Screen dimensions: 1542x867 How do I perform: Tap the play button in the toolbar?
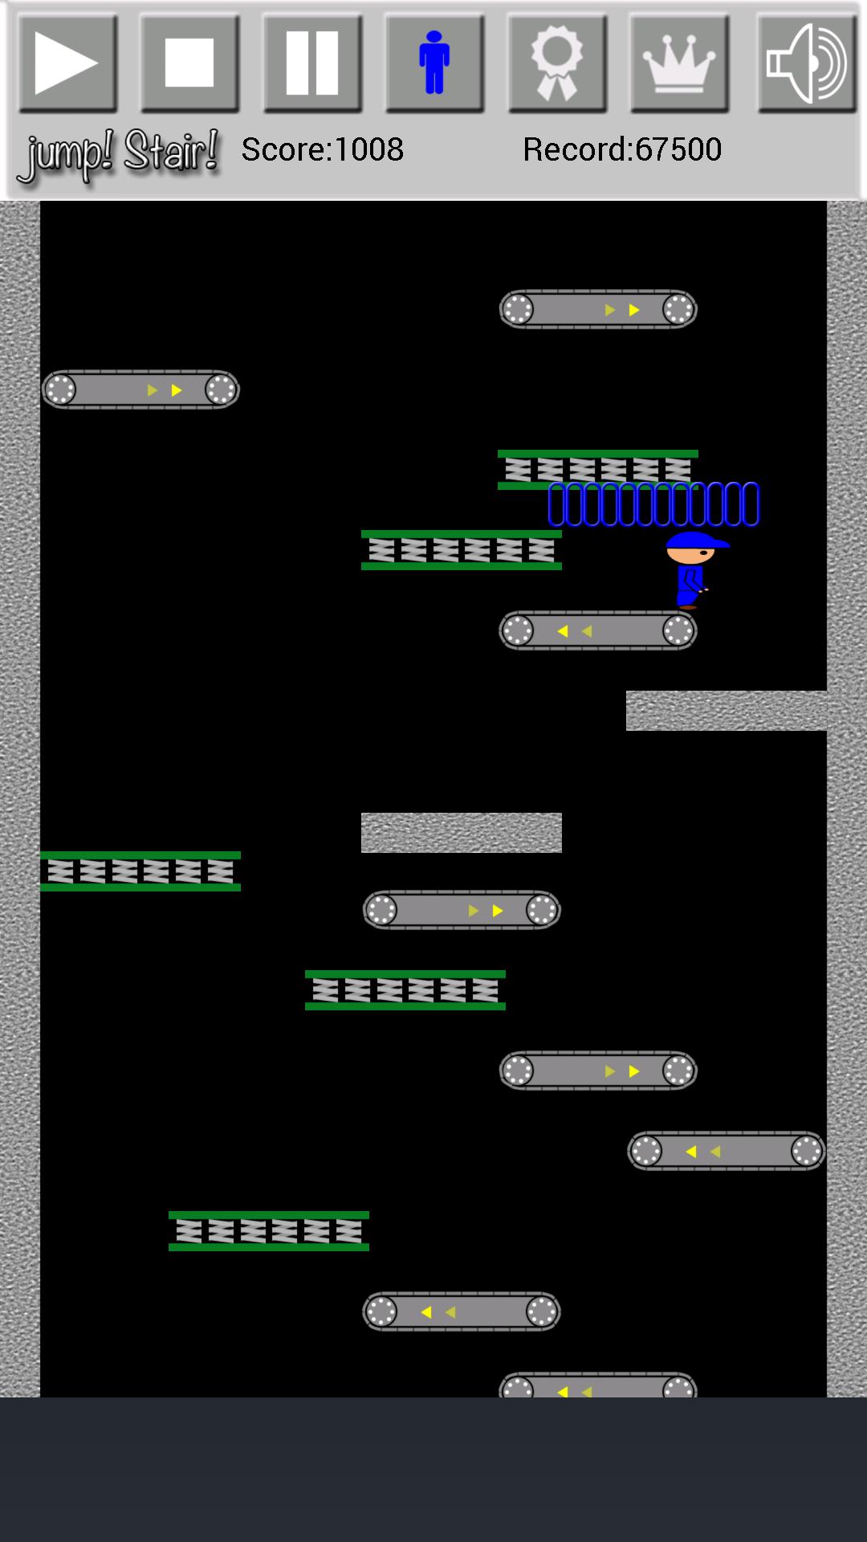[67, 63]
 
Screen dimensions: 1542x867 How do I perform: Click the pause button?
[312, 63]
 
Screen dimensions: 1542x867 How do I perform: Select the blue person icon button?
[434, 63]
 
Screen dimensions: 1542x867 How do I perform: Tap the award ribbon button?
[557, 63]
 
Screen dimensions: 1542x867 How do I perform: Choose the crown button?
[679, 63]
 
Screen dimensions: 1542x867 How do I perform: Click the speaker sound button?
[807, 63]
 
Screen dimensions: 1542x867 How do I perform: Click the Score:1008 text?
[322, 149]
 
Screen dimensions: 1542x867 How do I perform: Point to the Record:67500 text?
[622, 149]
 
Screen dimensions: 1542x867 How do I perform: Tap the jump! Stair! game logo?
[119, 154]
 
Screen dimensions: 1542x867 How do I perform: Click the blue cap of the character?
[694, 541]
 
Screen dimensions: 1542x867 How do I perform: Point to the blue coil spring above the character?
[653, 504]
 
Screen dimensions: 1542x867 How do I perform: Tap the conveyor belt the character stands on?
[598, 630]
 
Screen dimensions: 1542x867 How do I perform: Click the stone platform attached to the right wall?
[726, 711]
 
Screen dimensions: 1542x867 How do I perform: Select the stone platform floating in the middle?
[462, 832]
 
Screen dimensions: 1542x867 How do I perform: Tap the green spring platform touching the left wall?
[140, 871]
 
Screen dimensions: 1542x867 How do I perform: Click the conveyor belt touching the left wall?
[140, 390]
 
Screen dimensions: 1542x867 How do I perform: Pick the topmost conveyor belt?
[598, 309]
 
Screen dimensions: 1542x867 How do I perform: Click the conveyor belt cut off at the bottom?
[598, 1385]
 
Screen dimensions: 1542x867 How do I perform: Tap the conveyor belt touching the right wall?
[726, 1151]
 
